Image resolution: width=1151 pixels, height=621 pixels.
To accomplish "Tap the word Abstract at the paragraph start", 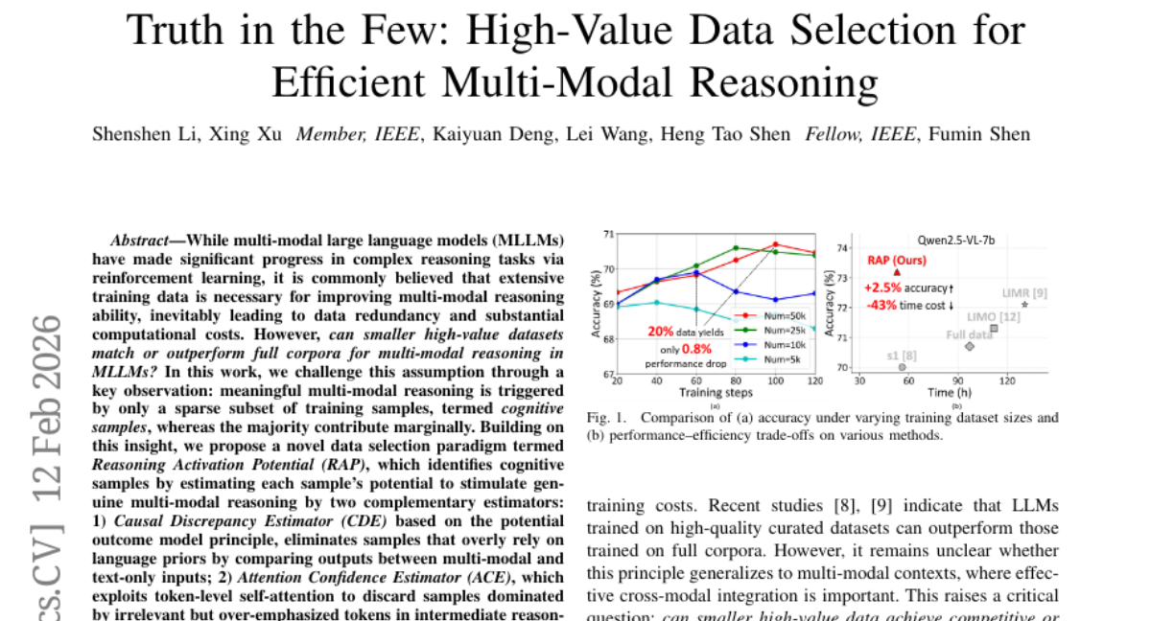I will click(143, 240).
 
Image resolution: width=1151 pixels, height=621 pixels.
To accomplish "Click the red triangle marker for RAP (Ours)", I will click(897, 273).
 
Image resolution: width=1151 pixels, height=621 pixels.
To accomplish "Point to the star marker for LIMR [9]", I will click(1025, 305).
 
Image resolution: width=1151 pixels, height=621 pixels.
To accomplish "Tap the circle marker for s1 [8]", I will click(902, 367).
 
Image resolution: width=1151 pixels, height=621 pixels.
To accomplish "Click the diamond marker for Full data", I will click(970, 346).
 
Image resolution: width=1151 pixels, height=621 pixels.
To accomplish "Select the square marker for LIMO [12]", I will click(994, 329).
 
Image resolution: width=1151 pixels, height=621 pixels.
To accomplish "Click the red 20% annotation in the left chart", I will click(662, 333).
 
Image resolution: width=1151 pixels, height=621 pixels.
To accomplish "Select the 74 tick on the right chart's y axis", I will click(843, 247).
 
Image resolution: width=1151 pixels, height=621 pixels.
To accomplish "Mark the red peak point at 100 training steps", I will click(775, 243).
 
